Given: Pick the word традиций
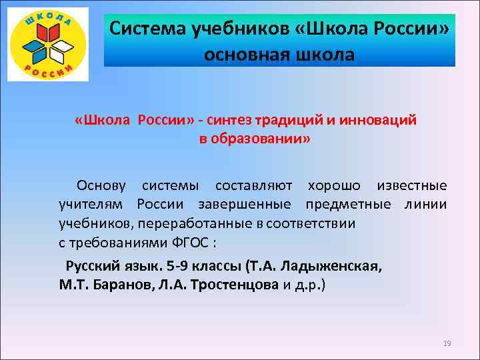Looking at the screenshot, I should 289,119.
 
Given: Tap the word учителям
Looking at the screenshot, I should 94,203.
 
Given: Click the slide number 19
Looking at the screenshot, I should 447,343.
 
